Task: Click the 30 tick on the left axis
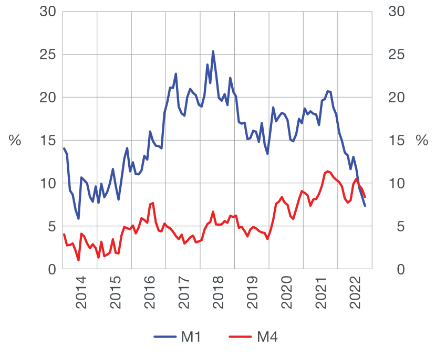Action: pyautogui.click(x=47, y=12)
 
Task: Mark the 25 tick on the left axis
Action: pyautogui.click(x=47, y=55)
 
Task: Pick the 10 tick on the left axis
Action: pyautogui.click(x=47, y=184)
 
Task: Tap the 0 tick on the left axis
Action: pyautogui.click(x=51, y=269)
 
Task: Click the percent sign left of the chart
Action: pyautogui.click(x=15, y=141)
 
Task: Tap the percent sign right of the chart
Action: pyautogui.click(x=421, y=141)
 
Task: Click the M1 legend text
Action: pyautogui.click(x=191, y=337)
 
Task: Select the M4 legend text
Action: pyautogui.click(x=267, y=337)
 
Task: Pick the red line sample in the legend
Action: pyautogui.click(x=240, y=337)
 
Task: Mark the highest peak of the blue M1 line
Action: pyautogui.click(x=213, y=51)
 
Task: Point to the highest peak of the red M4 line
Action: pyautogui.click(x=328, y=171)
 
